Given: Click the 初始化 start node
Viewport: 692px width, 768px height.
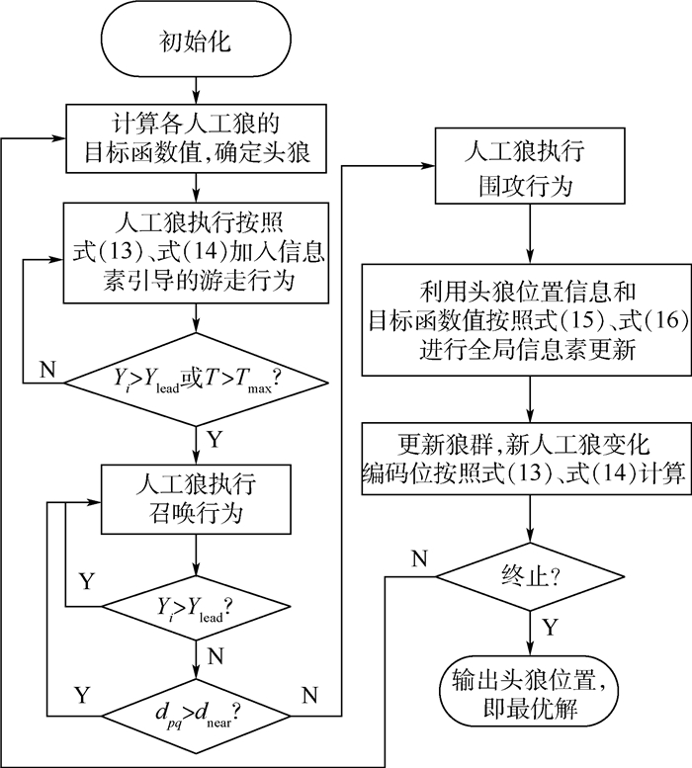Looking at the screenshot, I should click(198, 41).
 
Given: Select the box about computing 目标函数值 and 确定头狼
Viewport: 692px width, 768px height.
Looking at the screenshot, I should click(198, 139).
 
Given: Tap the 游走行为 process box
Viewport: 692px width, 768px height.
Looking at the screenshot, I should click(198, 252).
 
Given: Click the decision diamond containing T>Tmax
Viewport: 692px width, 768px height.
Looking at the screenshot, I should click(198, 380).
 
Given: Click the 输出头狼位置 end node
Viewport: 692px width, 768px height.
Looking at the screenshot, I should click(534, 694).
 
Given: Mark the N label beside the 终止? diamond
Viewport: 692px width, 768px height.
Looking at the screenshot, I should click(419, 557).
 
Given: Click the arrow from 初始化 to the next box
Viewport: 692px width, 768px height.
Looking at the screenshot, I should click(198, 87).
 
